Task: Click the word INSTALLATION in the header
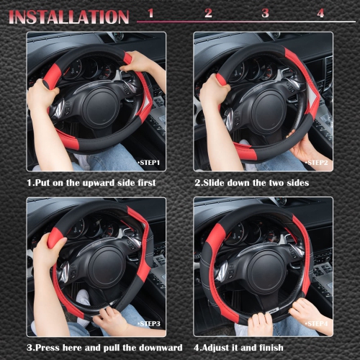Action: point(69,16)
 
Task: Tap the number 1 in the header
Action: point(150,13)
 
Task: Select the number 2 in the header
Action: point(208,13)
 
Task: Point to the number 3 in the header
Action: point(265,13)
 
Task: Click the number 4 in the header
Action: point(320,13)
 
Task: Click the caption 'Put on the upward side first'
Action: point(91,183)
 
